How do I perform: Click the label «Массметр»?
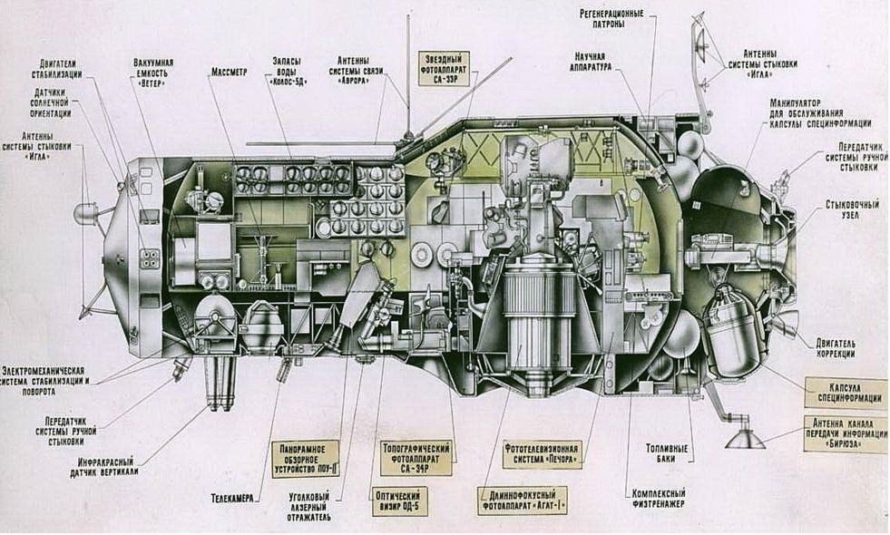point(229,71)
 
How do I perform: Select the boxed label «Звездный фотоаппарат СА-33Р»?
point(445,68)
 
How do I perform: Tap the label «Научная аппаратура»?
point(595,62)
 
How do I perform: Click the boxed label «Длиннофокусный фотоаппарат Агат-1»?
point(523,500)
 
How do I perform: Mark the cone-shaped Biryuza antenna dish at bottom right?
point(743,439)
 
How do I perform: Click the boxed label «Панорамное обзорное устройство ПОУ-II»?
point(305,458)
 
